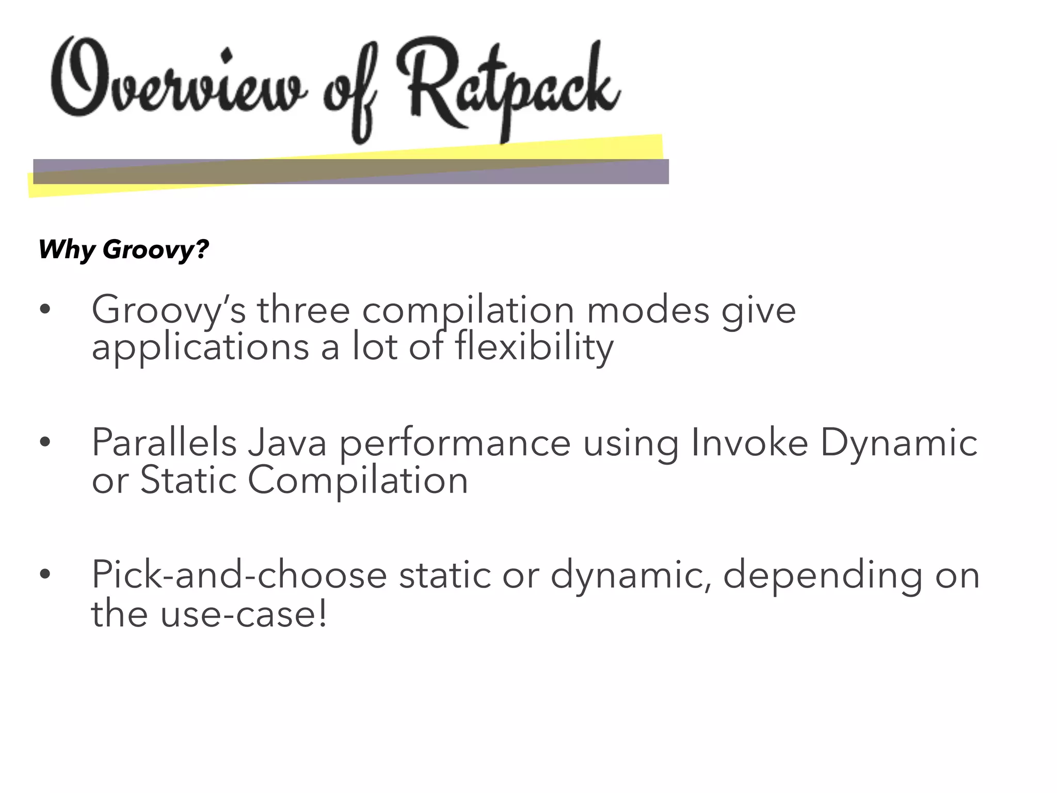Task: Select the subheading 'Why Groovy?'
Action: click(x=123, y=250)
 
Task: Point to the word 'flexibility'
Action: click(x=534, y=347)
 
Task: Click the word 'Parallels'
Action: click(x=164, y=443)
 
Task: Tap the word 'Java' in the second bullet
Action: click(x=287, y=443)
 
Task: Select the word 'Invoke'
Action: click(x=749, y=443)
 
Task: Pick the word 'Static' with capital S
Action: click(x=188, y=481)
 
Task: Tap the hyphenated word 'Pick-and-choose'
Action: click(x=239, y=575)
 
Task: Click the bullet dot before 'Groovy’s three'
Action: click(x=45, y=310)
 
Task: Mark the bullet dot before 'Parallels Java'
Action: click(x=45, y=442)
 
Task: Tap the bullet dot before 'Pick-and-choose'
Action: click(x=45, y=574)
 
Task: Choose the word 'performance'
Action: click(x=455, y=443)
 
